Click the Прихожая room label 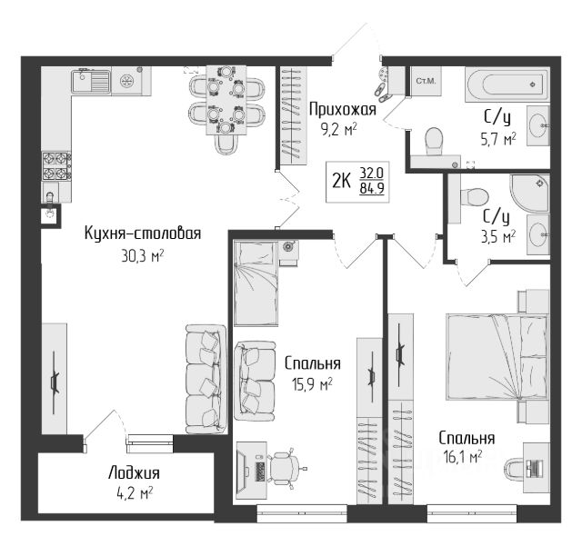(x=343, y=110)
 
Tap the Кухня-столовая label (x=143, y=233)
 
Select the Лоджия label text (x=134, y=474)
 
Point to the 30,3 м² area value (x=143, y=255)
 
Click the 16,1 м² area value (x=463, y=457)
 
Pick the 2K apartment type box (x=357, y=182)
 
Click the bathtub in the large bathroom (x=507, y=84)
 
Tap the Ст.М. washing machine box (x=426, y=81)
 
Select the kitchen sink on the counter (x=91, y=81)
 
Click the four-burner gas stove (x=56, y=166)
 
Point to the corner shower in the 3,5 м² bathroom (x=530, y=194)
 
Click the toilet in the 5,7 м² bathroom (x=434, y=142)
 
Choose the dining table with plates (x=226, y=100)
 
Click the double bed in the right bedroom (x=497, y=358)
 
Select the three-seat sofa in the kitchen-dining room (x=206, y=379)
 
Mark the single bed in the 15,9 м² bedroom (x=256, y=283)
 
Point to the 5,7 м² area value (x=498, y=141)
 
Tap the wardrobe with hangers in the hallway (x=293, y=115)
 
